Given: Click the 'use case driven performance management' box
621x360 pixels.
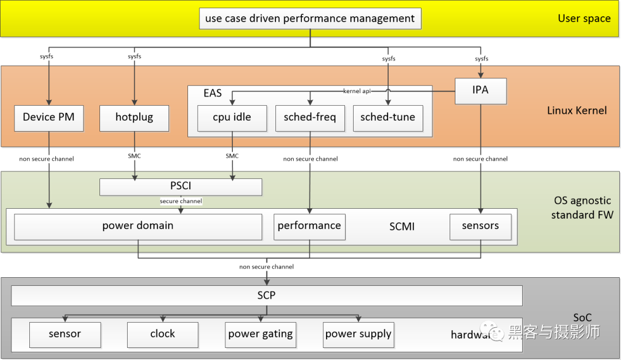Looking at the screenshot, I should click(x=310, y=18).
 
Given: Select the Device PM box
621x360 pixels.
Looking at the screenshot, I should click(x=49, y=117).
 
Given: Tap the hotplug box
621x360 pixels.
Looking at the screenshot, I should click(x=134, y=117).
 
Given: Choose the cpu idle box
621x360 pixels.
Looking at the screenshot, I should click(x=232, y=118).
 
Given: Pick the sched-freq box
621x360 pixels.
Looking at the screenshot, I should click(x=310, y=118).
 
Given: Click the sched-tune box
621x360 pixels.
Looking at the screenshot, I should click(x=388, y=118).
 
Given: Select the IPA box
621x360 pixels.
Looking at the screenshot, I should click(x=480, y=91).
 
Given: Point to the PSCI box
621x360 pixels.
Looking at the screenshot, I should click(x=181, y=187).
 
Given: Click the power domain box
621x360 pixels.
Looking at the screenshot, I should click(x=138, y=226).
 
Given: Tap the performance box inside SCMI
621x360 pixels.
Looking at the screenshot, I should click(x=309, y=226).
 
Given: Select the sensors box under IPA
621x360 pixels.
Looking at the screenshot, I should click(x=480, y=226).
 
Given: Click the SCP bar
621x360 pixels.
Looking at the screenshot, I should click(x=267, y=296).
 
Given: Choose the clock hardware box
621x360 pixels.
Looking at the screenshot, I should click(x=163, y=334).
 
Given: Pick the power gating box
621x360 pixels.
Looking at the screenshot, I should click(x=260, y=334).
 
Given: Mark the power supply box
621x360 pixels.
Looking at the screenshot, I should click(x=358, y=334).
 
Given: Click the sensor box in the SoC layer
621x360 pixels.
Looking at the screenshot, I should click(x=65, y=334).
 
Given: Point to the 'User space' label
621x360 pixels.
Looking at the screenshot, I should click(x=584, y=18).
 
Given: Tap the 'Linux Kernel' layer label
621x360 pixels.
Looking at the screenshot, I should click(x=577, y=110).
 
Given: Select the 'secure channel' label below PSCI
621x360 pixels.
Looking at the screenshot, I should click(x=181, y=201).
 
